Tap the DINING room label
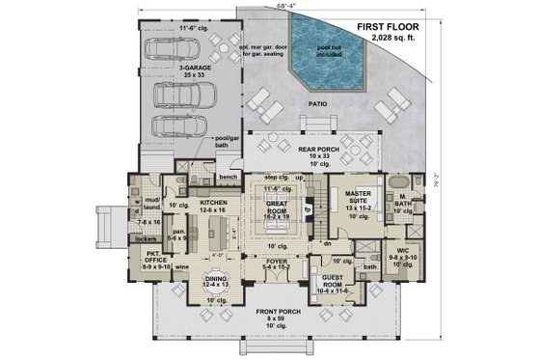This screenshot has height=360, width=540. point(215,281)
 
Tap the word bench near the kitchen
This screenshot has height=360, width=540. point(228,178)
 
